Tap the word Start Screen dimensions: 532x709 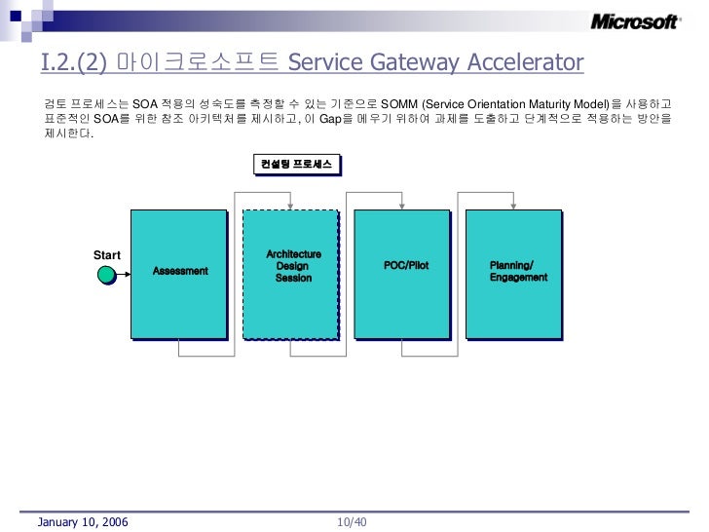106,255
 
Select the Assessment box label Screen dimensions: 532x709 180,269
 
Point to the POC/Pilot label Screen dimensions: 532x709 406,265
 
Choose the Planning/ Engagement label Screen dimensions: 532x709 518,272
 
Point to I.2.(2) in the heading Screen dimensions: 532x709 74,64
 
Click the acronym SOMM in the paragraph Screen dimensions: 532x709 397,103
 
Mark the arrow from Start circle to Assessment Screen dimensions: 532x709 123,275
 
